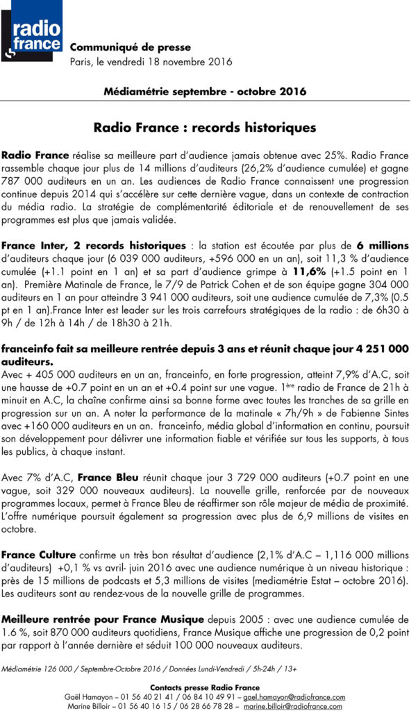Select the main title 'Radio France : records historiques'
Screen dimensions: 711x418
(x=205, y=128)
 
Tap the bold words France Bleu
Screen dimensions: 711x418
(x=104, y=478)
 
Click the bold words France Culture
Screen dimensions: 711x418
(x=35, y=554)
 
